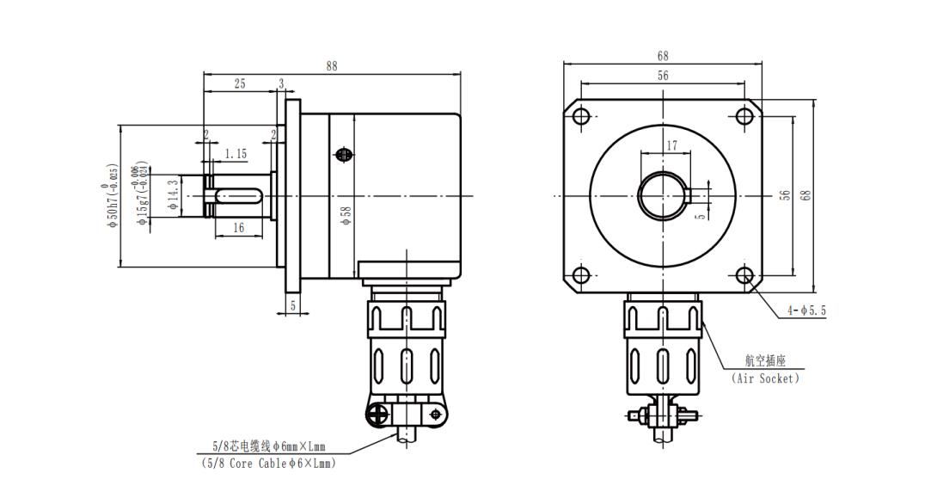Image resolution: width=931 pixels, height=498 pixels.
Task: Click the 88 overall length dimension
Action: [332, 65]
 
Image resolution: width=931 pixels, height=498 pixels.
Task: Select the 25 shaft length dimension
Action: [240, 83]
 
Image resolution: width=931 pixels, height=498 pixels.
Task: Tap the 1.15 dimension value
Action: [236, 154]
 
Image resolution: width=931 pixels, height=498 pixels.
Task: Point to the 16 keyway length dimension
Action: [239, 227]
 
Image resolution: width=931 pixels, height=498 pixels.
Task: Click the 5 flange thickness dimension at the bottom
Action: [293, 304]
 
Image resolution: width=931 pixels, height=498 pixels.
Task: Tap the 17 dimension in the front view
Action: [672, 146]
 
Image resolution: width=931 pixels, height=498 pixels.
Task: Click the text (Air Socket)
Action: [765, 378]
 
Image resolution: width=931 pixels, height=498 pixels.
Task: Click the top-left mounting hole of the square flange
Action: [581, 116]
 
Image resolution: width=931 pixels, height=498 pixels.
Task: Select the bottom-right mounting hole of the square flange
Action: [744, 275]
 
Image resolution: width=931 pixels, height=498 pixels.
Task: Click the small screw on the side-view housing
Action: [343, 155]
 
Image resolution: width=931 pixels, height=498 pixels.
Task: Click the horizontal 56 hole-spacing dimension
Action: [663, 76]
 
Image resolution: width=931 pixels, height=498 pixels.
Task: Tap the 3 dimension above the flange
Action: [281, 83]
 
